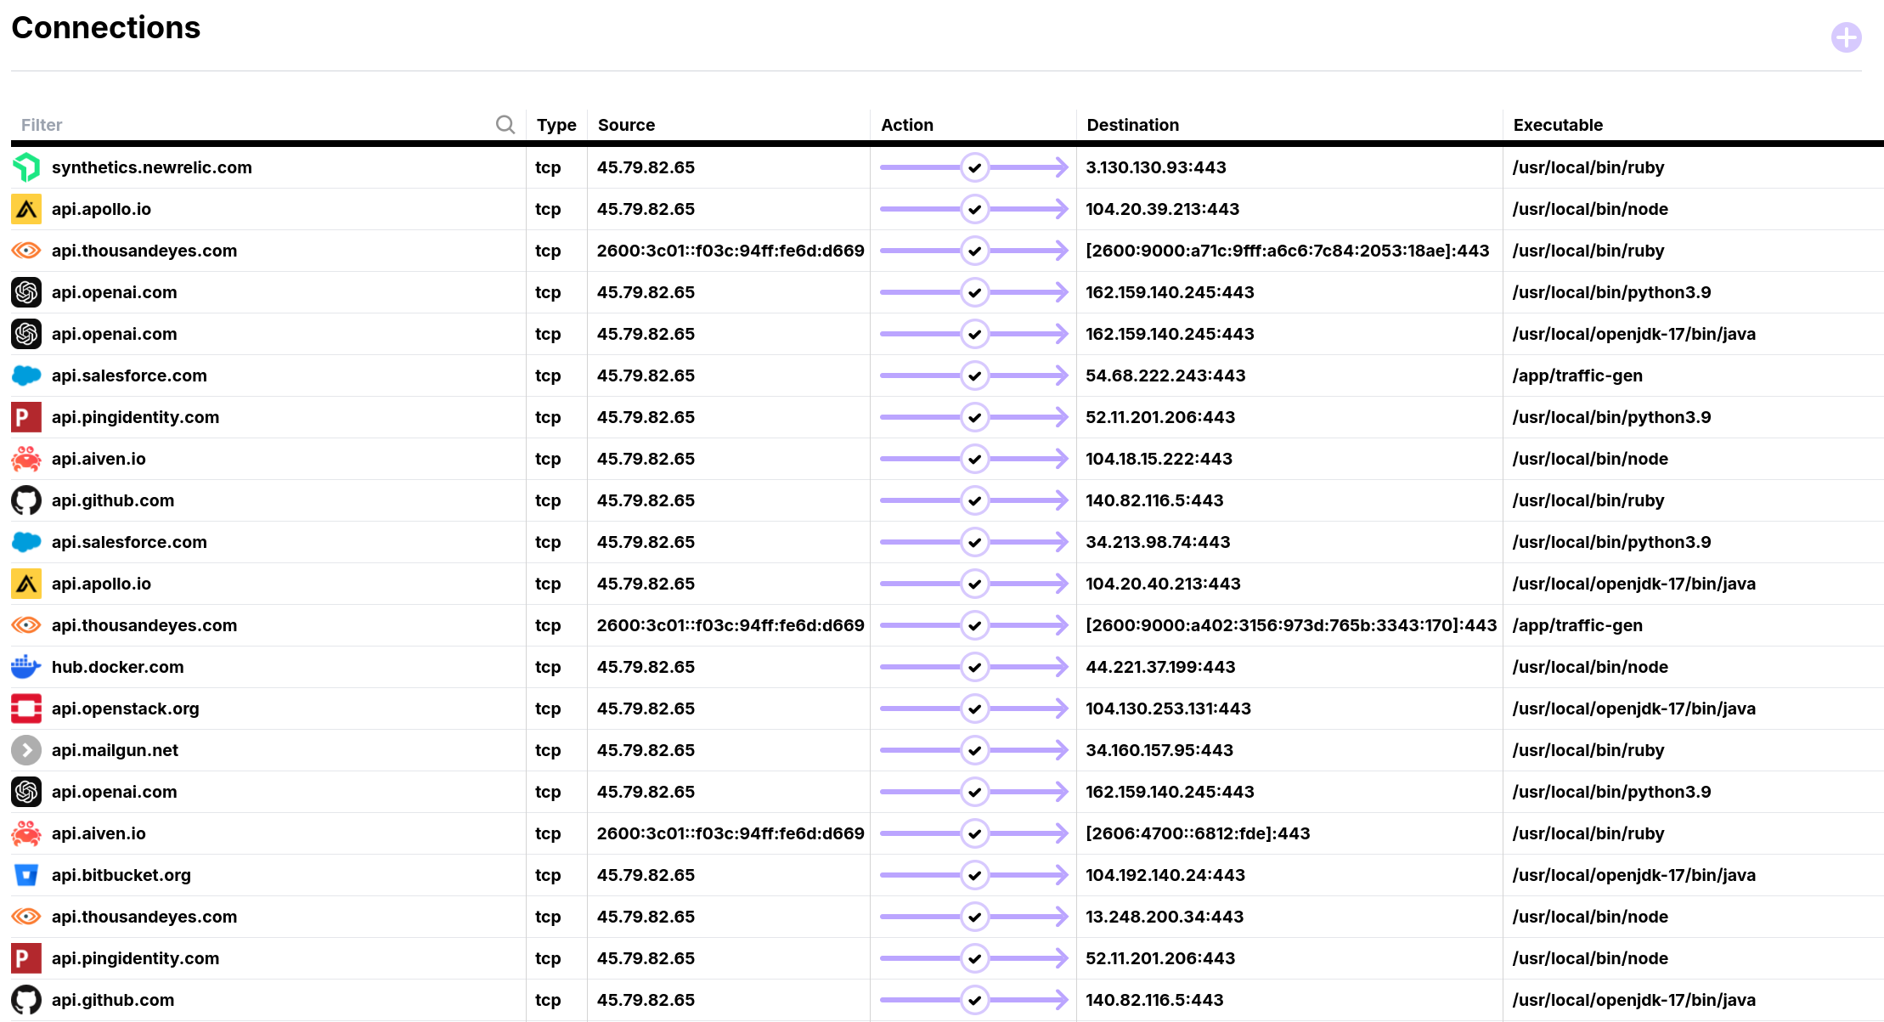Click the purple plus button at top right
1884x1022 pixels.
1846,37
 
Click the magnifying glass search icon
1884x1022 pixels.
505,125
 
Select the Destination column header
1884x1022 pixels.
1132,125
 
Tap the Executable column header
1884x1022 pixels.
1558,125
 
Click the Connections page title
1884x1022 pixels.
106,28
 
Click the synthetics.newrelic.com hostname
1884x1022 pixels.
151,167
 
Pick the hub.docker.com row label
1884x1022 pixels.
117,667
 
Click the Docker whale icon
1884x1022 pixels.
25,667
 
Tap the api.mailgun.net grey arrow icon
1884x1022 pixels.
25,750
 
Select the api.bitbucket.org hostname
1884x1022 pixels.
121,875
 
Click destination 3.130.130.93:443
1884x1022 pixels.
1155,167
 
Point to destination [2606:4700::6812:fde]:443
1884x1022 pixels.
1198,833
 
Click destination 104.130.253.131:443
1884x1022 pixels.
1168,709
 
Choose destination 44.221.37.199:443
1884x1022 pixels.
1160,667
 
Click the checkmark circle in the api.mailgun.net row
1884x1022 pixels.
974,750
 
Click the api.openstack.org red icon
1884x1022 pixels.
25,709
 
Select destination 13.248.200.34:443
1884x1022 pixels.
1164,917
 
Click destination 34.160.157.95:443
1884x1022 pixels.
1159,750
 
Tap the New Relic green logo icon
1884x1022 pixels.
25,167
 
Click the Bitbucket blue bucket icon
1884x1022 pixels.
25,875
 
